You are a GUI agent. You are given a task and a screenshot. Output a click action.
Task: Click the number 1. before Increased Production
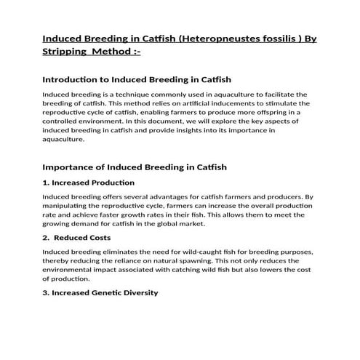pyautogui.click(x=47, y=182)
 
